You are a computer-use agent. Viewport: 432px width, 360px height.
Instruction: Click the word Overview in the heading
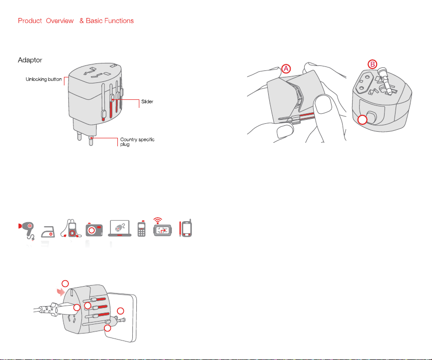[60, 20]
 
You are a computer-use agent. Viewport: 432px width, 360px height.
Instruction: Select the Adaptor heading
[30, 60]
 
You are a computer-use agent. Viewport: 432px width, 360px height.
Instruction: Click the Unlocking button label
[43, 79]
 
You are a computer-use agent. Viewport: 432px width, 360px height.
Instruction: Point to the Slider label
[147, 102]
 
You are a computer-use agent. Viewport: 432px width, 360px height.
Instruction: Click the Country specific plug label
[137, 142]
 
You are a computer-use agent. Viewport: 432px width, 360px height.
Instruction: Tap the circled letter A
[286, 68]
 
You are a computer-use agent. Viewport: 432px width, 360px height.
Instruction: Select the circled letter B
[373, 64]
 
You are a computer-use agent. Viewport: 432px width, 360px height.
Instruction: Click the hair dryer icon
[26, 231]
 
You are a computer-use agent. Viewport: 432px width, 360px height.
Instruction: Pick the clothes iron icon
[48, 231]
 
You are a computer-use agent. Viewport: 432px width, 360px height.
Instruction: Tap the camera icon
[94, 230]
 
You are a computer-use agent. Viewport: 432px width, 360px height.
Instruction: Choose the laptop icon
[119, 228]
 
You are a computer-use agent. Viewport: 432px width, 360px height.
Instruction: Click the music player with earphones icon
[71, 228]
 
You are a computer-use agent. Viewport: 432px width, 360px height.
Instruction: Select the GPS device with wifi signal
[162, 228]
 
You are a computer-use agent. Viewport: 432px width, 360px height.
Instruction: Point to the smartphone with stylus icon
[186, 228]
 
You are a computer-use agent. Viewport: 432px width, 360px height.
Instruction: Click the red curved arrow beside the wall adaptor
[60, 292]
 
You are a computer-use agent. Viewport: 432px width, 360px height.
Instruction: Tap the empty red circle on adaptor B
[362, 120]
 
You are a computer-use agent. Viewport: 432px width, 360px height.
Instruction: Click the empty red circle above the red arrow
[65, 284]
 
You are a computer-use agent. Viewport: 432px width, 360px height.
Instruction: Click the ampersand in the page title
[81, 20]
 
